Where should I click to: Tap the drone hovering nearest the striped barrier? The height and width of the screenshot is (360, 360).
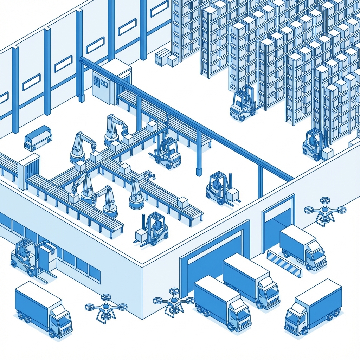(324, 212)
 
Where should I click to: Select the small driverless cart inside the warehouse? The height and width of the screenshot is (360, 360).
(38, 137)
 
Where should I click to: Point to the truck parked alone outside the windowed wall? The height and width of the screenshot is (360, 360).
(43, 309)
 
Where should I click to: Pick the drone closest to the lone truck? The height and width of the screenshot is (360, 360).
(106, 308)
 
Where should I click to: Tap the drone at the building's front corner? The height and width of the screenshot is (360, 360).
(174, 301)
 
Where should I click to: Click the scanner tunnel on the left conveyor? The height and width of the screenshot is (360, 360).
(28, 171)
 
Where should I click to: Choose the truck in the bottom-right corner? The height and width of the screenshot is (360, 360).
(313, 306)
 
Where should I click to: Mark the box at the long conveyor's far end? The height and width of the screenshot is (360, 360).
(182, 202)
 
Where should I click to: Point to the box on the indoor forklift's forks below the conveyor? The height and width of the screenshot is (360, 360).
(141, 234)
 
